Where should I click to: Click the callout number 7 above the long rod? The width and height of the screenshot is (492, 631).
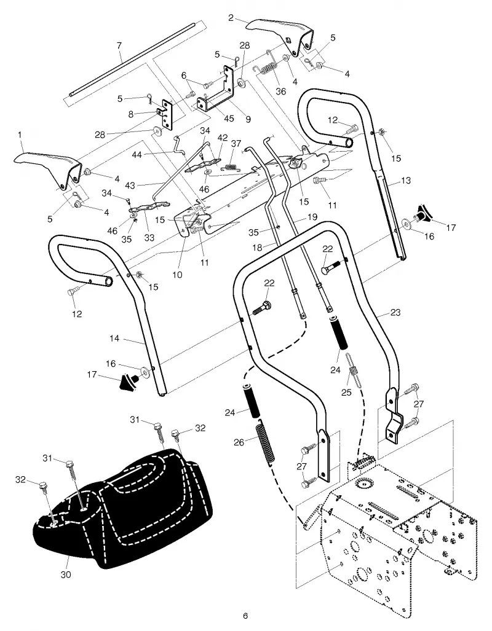click(x=119, y=45)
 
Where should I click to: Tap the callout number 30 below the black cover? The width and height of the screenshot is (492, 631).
click(x=66, y=574)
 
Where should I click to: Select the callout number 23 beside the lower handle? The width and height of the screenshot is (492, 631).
click(x=395, y=312)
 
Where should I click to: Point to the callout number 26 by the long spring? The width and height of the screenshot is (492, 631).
click(x=239, y=442)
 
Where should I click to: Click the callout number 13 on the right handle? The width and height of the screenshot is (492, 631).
click(x=406, y=180)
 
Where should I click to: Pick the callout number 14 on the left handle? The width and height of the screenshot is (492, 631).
click(x=114, y=339)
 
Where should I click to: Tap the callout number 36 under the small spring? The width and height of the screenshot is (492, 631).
click(x=281, y=92)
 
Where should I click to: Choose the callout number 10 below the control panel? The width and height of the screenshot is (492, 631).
click(x=177, y=275)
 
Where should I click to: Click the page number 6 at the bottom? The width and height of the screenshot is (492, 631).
click(x=245, y=616)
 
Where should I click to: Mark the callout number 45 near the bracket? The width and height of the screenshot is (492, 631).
click(x=229, y=119)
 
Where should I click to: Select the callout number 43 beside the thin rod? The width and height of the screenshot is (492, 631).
click(x=130, y=186)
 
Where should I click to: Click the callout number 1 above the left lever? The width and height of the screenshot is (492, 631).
click(x=20, y=135)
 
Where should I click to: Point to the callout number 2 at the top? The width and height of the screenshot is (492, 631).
click(x=231, y=18)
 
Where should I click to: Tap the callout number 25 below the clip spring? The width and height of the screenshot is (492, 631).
click(x=346, y=393)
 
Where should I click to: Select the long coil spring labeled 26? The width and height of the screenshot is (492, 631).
click(x=266, y=441)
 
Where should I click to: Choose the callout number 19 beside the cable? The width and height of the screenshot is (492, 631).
click(x=312, y=217)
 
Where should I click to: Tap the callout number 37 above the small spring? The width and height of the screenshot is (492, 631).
click(x=236, y=144)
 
